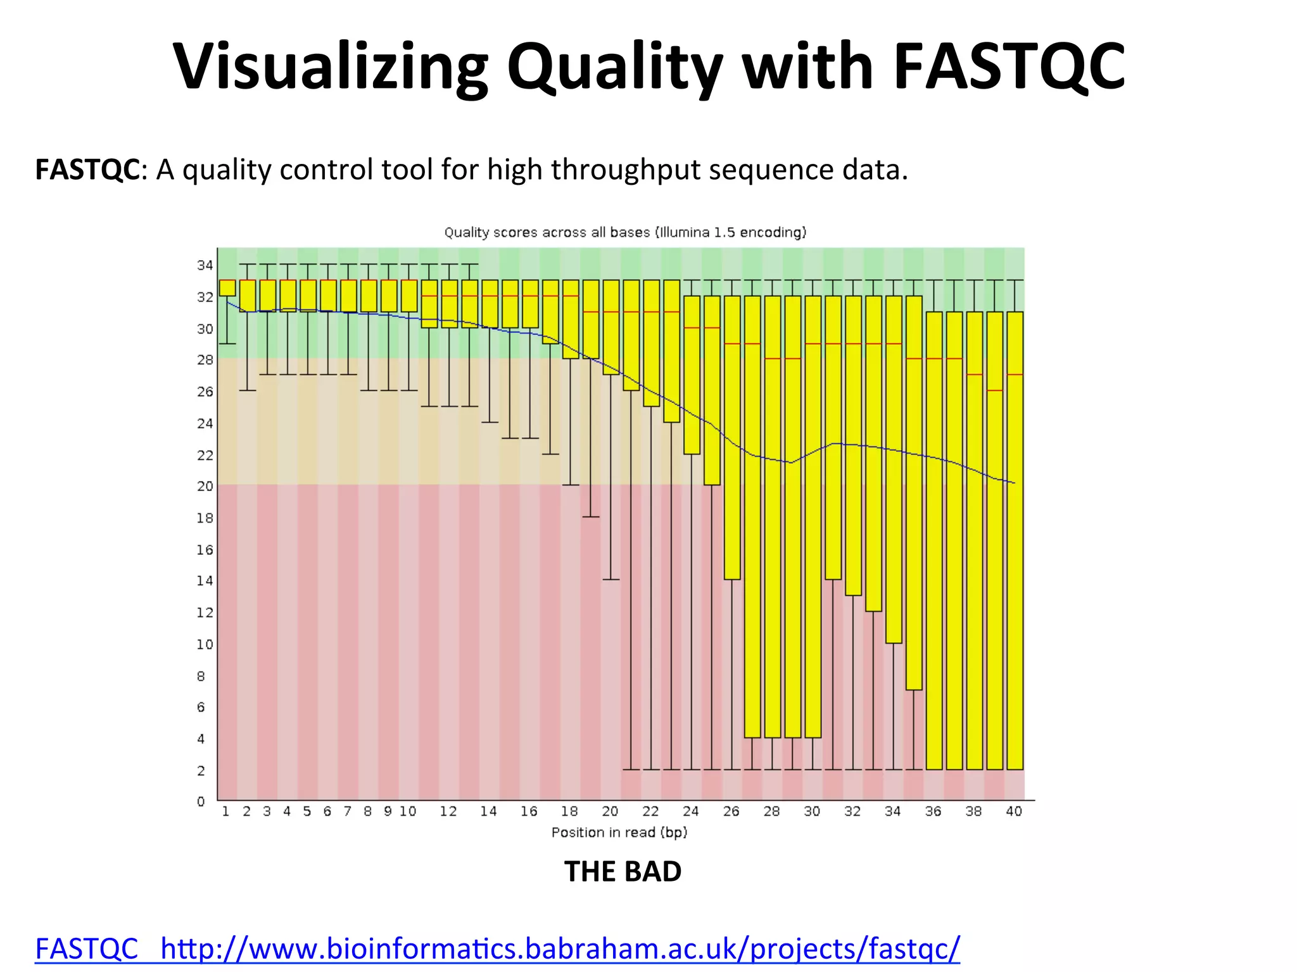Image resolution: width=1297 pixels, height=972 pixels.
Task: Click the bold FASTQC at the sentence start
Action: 87,170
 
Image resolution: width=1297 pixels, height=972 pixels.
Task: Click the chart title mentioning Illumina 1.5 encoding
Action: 625,232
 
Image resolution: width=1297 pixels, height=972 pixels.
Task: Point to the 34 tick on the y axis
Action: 205,265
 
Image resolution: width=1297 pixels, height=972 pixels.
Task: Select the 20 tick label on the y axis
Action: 205,486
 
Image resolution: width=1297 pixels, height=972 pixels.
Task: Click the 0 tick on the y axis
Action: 201,801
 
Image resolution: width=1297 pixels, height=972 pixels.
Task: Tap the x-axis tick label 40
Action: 1014,811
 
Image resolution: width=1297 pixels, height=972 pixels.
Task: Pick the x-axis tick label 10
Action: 408,811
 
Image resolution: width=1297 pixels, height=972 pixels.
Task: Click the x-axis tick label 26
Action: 731,811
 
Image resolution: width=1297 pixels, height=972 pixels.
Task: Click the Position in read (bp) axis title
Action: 619,832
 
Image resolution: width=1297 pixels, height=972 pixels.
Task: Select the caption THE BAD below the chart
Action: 623,871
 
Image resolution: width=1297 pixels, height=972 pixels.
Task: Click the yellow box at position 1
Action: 227,288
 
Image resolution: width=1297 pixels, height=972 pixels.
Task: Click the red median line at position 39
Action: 995,390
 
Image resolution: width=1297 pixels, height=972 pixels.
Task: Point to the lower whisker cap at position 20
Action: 611,579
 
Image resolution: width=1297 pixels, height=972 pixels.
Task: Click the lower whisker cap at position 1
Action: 227,344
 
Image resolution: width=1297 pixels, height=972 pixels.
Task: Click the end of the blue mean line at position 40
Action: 1015,483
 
